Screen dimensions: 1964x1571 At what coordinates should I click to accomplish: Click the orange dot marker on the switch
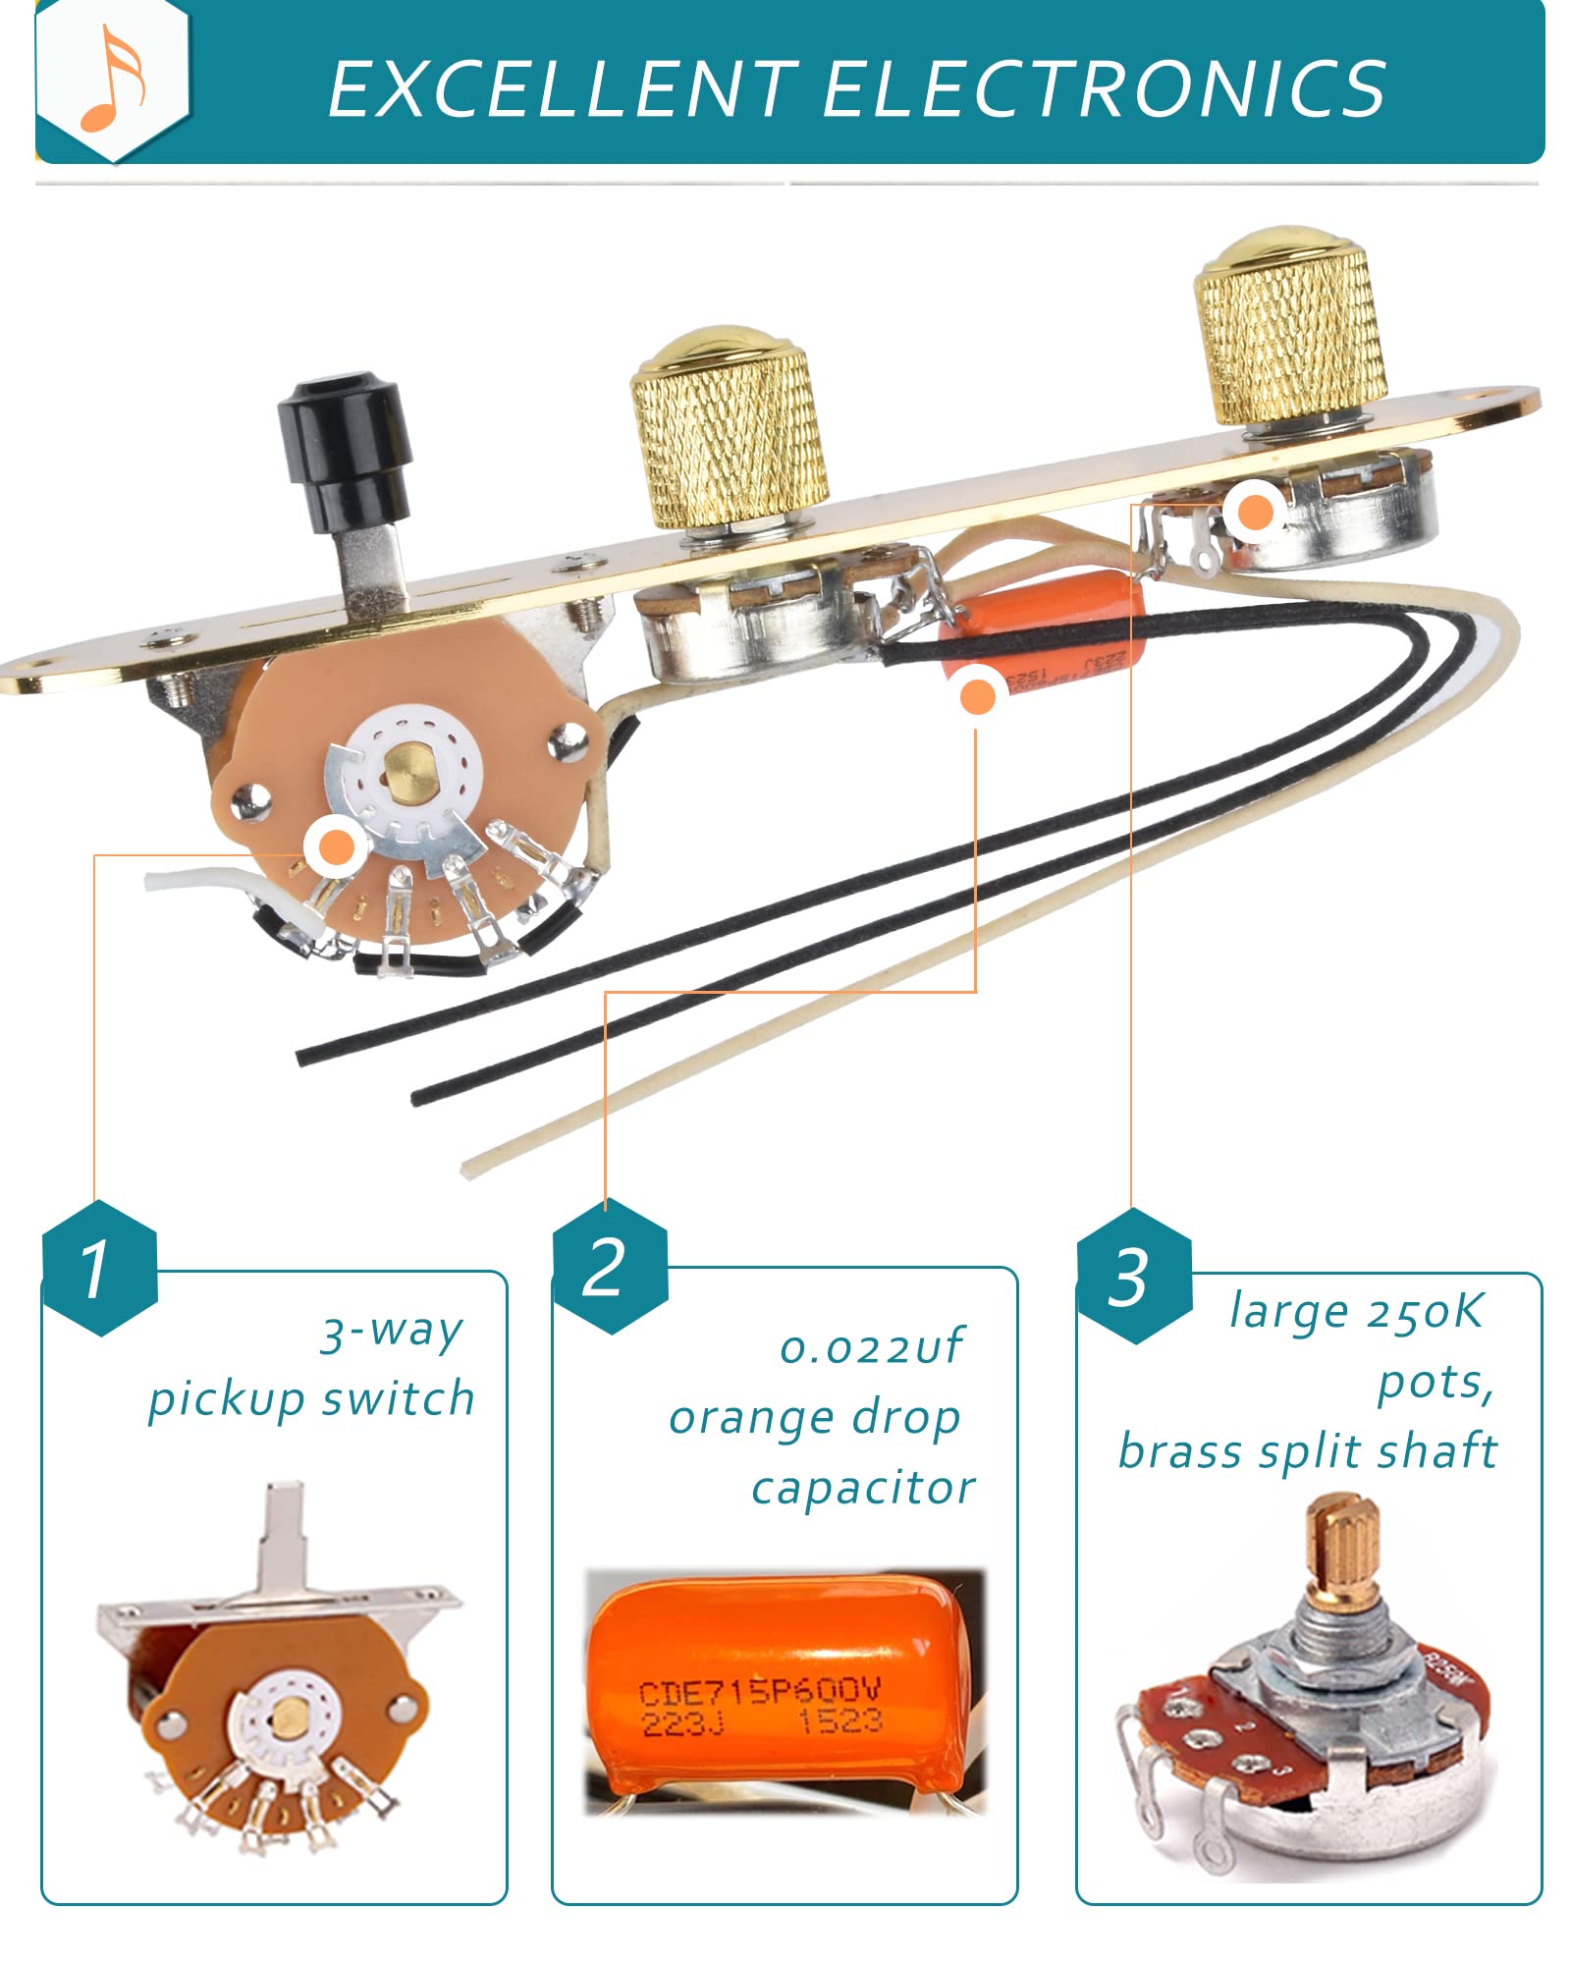coord(336,846)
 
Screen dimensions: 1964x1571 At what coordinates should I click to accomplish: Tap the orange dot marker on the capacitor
coord(977,696)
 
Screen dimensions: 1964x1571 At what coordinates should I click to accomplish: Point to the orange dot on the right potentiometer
coord(1256,512)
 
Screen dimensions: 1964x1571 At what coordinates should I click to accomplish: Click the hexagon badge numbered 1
coord(99,1268)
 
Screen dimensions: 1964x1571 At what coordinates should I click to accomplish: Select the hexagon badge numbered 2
coord(609,1267)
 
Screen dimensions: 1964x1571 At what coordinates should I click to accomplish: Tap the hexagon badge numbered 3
coord(1134,1277)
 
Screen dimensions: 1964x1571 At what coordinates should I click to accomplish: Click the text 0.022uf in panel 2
coord(871,1346)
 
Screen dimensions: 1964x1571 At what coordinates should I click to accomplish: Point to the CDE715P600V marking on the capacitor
coord(759,1692)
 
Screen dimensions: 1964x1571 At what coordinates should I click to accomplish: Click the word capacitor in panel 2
coord(863,1489)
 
